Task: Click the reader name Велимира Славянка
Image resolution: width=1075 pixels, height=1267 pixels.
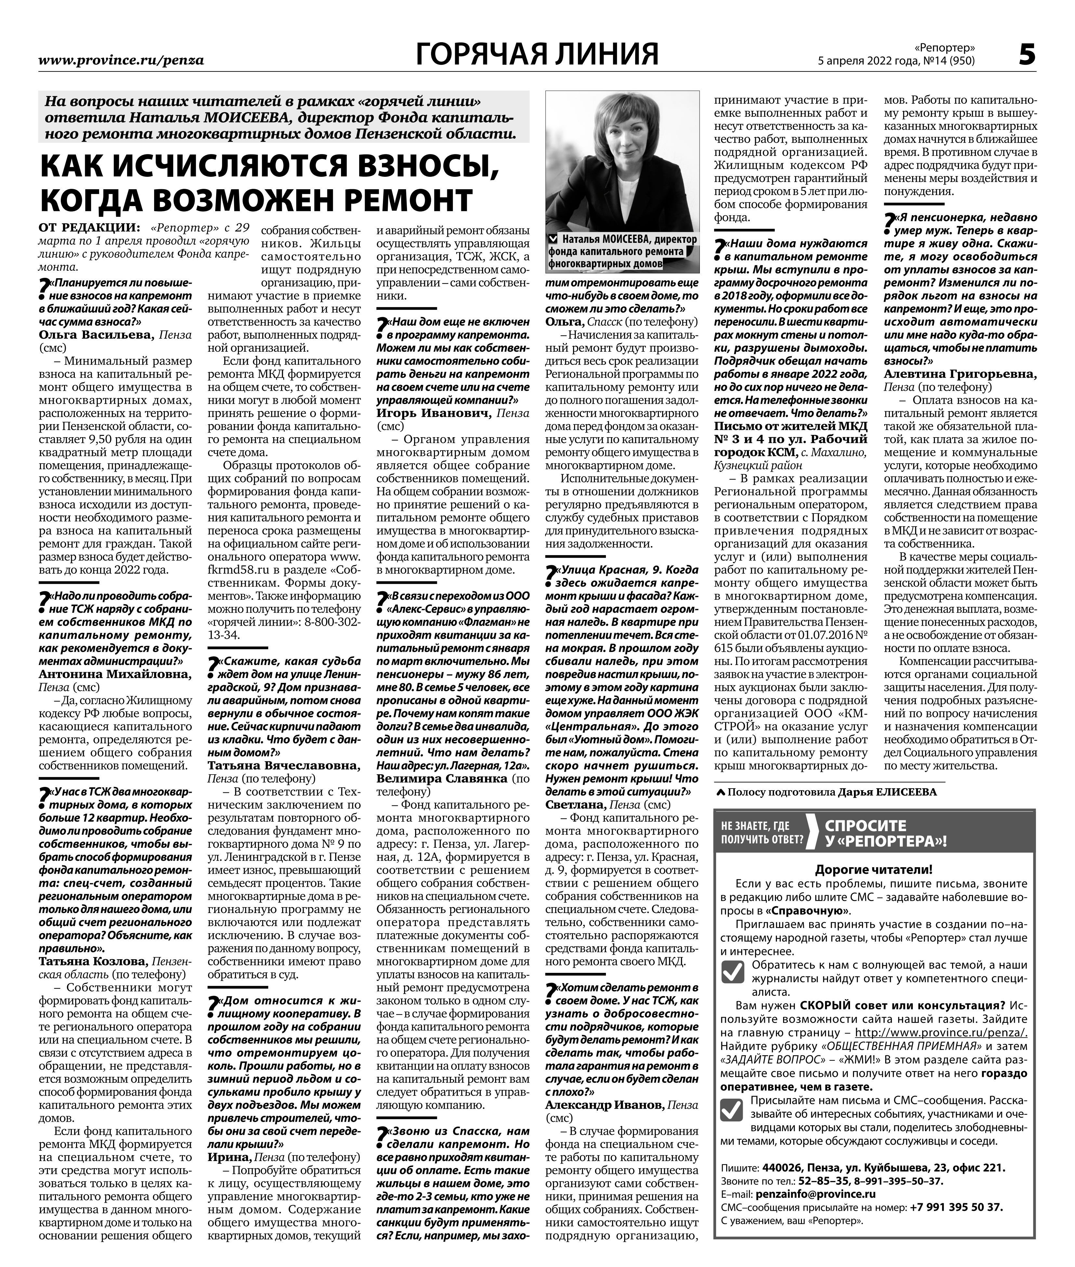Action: tap(442, 778)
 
